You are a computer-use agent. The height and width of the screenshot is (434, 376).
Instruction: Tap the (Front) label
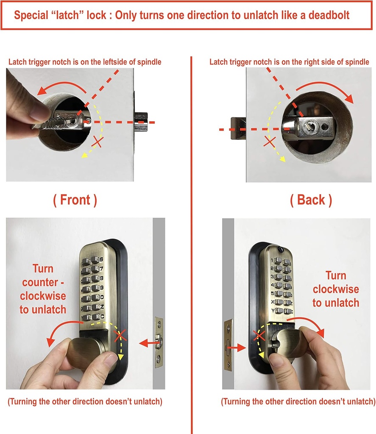pos(75,200)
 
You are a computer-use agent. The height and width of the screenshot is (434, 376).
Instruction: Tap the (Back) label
pos(311,200)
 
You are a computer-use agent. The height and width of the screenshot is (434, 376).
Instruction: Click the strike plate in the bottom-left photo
pos(159,342)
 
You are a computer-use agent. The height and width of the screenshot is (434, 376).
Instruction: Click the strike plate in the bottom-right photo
pos(228,344)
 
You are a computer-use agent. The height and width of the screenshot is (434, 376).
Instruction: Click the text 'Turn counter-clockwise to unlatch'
pos(43,289)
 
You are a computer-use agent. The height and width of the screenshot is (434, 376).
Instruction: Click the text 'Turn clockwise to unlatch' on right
pos(335,289)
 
